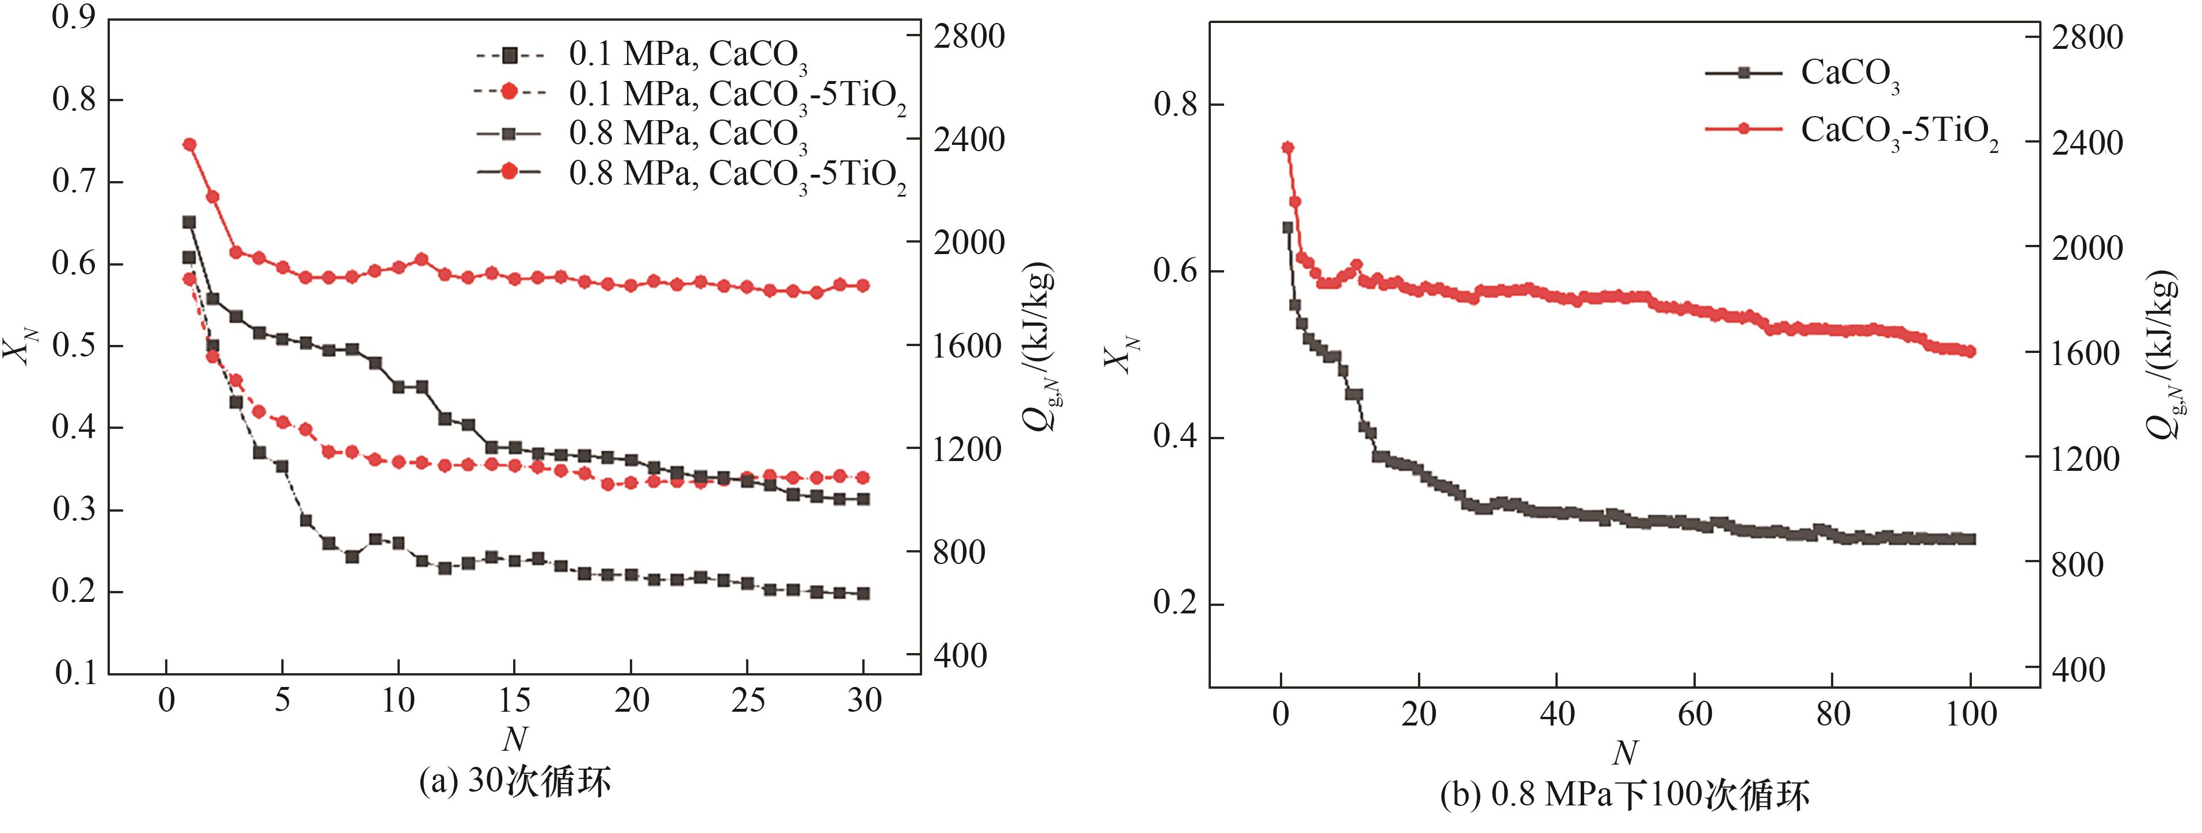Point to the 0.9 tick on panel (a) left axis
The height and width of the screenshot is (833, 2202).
[74, 17]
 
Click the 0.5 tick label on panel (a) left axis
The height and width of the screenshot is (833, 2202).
[74, 346]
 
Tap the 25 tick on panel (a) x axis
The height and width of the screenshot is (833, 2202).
[747, 701]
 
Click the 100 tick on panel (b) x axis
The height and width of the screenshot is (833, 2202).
[1970, 713]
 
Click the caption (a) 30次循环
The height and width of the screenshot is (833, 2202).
[515, 782]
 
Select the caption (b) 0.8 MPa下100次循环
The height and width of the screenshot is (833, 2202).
[1624, 796]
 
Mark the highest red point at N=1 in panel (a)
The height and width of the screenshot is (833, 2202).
[190, 144]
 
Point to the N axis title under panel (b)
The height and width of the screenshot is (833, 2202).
[1624, 754]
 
